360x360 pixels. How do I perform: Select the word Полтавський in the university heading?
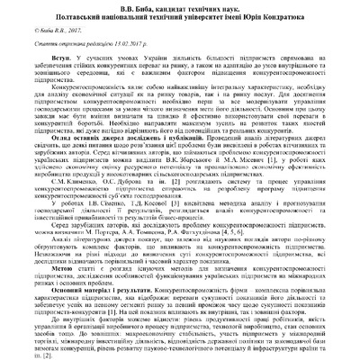[x=100, y=16]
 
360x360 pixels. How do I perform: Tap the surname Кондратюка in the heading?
[x=275, y=16]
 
